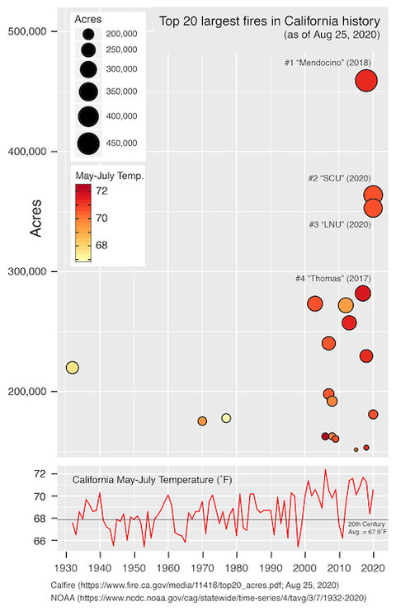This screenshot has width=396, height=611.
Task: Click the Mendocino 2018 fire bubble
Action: [366, 80]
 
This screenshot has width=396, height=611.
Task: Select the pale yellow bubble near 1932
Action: [73, 368]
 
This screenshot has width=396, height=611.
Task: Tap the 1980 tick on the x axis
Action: [237, 567]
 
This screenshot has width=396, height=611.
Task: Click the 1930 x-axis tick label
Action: [65, 567]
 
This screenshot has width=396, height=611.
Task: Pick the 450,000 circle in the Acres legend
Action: [89, 143]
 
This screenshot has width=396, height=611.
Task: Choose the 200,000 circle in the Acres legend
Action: [89, 34]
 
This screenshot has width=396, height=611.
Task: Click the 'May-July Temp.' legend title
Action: [109, 176]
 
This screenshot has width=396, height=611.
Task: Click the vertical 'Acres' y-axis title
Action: [35, 222]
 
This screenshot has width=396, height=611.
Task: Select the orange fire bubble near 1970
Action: [202, 421]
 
